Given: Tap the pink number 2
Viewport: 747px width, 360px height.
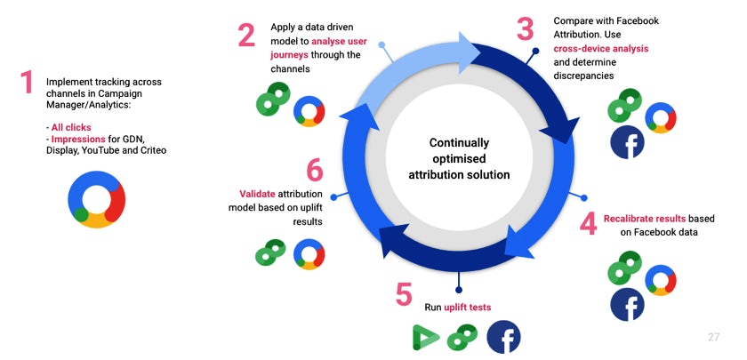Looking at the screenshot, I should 246,35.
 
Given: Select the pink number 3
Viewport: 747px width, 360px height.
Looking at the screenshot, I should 526,28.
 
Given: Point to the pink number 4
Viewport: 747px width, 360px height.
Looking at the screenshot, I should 588,223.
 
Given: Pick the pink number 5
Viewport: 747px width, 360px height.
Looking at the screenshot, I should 404,294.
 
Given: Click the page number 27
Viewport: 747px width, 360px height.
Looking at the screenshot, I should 713,337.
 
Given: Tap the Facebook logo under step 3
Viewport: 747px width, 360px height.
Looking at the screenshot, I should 627,142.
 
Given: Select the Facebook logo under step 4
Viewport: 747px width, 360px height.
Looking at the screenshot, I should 627,304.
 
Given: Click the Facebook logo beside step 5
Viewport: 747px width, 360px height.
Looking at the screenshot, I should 503,337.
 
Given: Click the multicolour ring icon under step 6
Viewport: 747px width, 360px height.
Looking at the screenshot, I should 309,253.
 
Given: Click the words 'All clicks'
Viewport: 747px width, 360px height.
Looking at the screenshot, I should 71,128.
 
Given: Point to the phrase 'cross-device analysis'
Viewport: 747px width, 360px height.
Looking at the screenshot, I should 600,49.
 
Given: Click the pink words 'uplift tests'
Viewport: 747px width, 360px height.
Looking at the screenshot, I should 469,308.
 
